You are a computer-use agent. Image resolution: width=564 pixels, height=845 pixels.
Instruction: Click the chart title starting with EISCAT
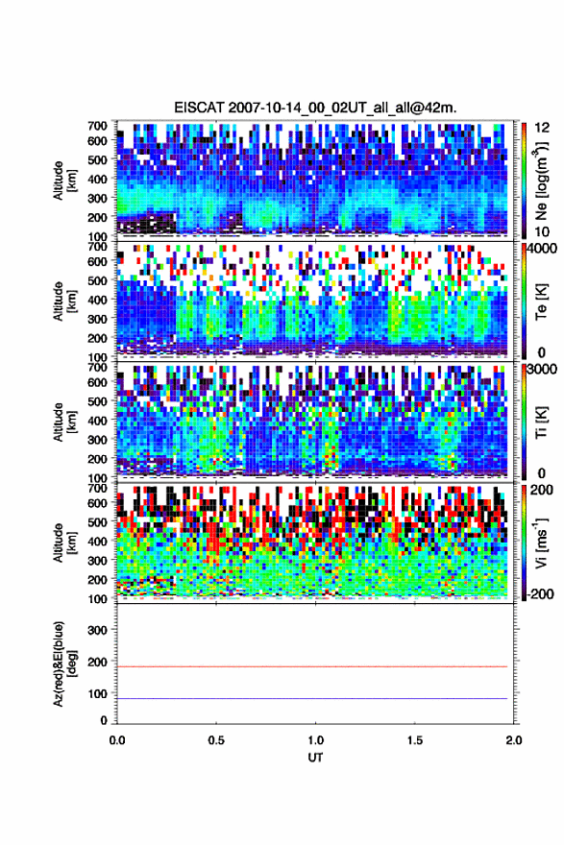(x=315, y=108)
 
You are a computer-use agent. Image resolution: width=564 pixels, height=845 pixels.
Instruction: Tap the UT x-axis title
(x=315, y=758)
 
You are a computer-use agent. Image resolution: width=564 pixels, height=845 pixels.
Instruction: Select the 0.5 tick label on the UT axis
(x=216, y=740)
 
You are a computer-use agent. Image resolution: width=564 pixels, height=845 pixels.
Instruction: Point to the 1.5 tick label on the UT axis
(x=415, y=740)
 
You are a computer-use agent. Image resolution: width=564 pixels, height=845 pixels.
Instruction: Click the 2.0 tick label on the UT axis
(x=514, y=740)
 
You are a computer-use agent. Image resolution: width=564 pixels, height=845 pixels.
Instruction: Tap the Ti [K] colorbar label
(x=541, y=422)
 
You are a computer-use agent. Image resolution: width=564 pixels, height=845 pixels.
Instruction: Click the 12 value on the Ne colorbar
(x=542, y=128)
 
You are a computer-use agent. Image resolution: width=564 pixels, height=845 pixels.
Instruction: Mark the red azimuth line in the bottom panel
(x=312, y=666)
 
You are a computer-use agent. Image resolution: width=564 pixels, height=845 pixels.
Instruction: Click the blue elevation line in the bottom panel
(x=312, y=698)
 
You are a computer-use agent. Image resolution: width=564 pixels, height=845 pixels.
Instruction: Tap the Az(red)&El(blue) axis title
(x=64, y=664)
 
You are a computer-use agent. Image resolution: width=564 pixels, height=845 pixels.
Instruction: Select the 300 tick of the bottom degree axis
(x=98, y=630)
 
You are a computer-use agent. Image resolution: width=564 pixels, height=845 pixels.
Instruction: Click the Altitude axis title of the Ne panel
(x=64, y=181)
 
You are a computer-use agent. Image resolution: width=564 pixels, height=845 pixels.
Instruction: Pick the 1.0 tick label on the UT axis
(x=315, y=740)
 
